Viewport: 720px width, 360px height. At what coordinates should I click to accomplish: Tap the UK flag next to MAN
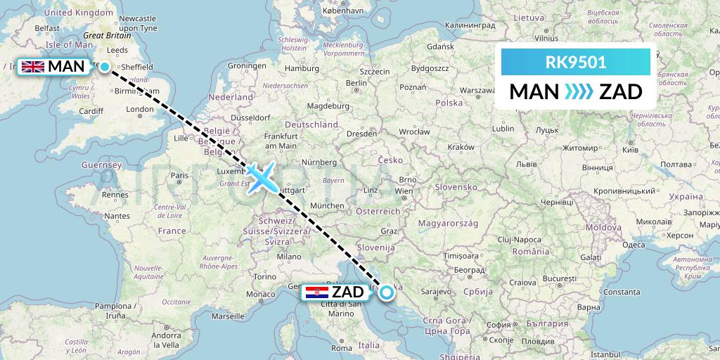(32, 67)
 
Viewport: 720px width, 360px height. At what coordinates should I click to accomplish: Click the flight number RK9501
(576, 63)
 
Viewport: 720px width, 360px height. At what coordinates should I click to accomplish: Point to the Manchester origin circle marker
(105, 67)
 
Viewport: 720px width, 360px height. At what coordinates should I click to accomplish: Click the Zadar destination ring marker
(387, 292)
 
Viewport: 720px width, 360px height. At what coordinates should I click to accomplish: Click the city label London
(140, 109)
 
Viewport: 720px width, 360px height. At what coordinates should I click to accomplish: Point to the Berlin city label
(357, 83)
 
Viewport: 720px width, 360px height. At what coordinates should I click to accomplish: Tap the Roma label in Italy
(341, 347)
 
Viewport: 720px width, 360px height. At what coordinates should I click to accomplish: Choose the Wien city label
(404, 191)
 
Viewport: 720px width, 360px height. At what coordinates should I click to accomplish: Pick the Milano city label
(289, 257)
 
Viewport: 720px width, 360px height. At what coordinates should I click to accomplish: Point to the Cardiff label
(91, 110)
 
